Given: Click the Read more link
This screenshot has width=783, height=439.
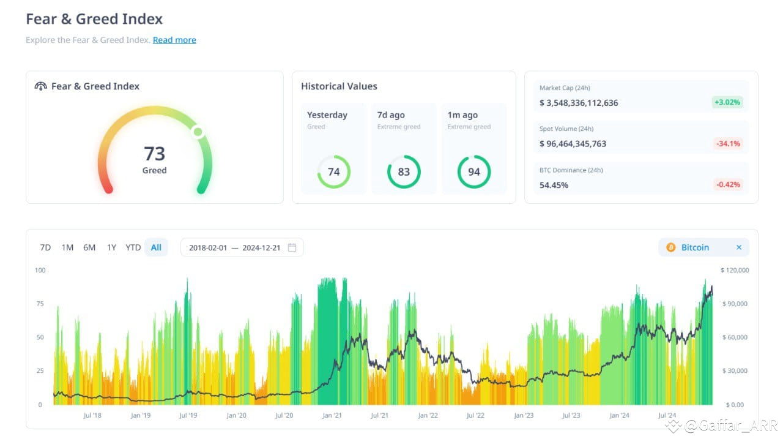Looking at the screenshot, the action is click(174, 40).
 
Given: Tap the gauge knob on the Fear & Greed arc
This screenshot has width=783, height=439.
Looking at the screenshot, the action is click(198, 132).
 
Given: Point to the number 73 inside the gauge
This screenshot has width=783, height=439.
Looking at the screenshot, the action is click(155, 154).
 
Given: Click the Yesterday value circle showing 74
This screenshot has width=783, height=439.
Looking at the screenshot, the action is click(334, 172).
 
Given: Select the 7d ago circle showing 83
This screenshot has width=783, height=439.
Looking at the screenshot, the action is click(404, 172).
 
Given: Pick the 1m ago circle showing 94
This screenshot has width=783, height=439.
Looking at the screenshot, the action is click(474, 172).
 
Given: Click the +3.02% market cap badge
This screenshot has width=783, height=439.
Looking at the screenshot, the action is click(727, 102).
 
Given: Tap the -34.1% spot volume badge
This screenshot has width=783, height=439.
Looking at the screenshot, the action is click(728, 143).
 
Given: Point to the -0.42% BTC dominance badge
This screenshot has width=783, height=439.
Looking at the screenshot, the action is click(728, 184).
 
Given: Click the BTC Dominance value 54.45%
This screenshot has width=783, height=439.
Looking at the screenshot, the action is click(554, 185).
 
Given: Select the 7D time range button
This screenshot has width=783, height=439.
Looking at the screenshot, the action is click(45, 247).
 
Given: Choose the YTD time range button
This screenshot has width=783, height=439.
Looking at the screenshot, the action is click(133, 247).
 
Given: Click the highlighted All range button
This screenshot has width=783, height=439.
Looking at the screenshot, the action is click(156, 247).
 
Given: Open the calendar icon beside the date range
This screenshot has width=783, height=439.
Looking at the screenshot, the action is click(292, 247).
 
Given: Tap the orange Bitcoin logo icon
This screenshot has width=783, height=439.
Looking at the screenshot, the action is click(671, 247).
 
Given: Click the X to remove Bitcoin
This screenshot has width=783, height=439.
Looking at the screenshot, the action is click(738, 247).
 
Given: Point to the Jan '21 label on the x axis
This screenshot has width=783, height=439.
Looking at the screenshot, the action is click(332, 415).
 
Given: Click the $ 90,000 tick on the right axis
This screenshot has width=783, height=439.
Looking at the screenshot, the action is click(735, 304).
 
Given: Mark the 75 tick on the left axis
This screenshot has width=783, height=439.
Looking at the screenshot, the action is click(40, 304).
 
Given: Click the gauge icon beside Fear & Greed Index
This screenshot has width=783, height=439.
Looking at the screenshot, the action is click(40, 86).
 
